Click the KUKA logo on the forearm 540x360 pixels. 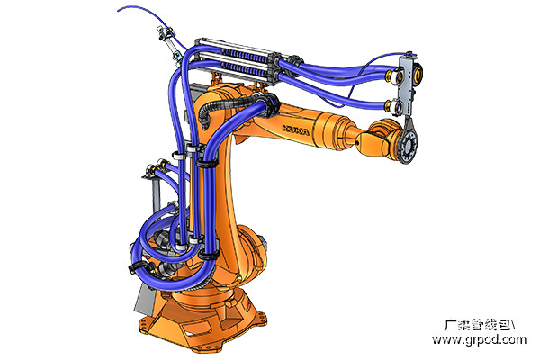pos(296,130)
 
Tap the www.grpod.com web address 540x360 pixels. pos(480,339)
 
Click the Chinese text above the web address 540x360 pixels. pos(480,325)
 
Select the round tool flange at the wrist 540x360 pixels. pos(409,146)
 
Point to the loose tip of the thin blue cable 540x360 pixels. pos(118,11)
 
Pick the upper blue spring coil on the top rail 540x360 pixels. pos(247,56)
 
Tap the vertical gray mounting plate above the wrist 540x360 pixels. pos(407,85)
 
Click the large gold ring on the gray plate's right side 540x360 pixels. pos(418,73)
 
